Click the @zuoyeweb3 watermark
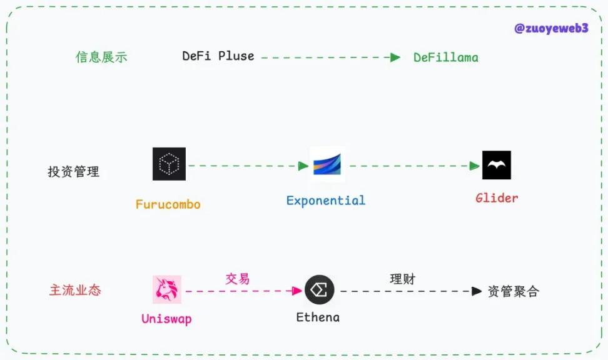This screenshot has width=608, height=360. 550,29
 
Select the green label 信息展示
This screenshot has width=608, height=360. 101,57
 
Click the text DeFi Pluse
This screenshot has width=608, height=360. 218,56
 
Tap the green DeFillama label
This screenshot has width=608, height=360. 446,57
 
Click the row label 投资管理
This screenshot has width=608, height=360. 74,171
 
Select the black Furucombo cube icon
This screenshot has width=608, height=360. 169,164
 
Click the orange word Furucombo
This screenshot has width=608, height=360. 168,204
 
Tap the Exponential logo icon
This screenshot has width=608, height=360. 327,165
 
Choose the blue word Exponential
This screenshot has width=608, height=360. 325,201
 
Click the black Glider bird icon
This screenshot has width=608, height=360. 497,165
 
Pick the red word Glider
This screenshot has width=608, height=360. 497,198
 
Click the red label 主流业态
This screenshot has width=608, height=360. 75,291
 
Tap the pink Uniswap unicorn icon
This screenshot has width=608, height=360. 167,289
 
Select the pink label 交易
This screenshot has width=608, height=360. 238,279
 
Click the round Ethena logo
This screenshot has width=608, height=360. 320,290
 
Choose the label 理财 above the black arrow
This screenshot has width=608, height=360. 403,279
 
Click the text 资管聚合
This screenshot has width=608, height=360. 513,291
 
